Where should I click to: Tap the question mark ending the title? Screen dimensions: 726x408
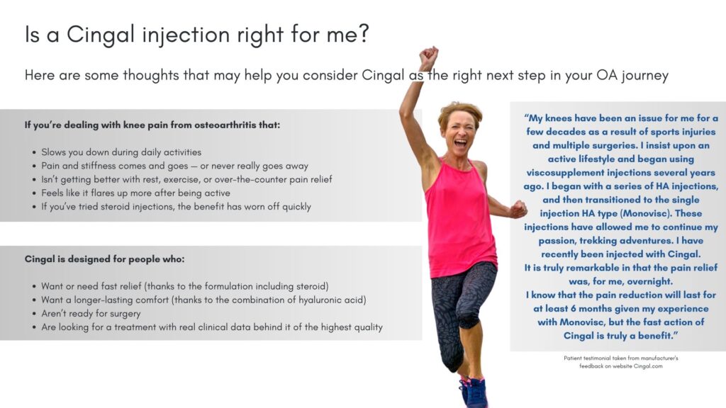364,34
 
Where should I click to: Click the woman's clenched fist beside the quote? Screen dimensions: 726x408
518,209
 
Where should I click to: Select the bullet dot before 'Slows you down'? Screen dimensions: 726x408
34,153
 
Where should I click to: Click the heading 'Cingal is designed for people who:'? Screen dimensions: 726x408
105,259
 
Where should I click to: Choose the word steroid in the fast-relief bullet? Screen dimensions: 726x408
312,286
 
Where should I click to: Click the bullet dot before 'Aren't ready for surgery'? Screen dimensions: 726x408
34,314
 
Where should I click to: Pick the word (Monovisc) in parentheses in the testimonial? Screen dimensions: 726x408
645,214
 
